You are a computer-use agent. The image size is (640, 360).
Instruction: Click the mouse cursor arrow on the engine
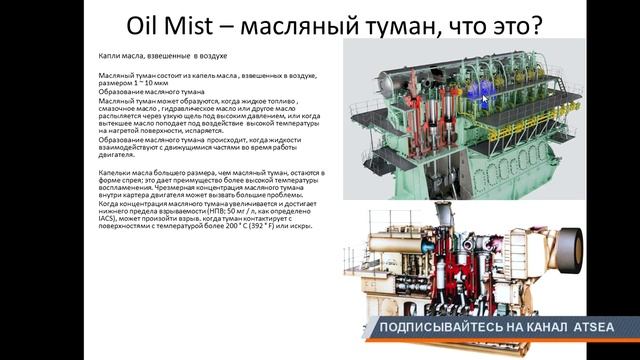pyautogui.click(x=485, y=98)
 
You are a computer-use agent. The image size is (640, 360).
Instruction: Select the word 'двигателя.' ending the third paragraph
pyautogui.click(x=119, y=154)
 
